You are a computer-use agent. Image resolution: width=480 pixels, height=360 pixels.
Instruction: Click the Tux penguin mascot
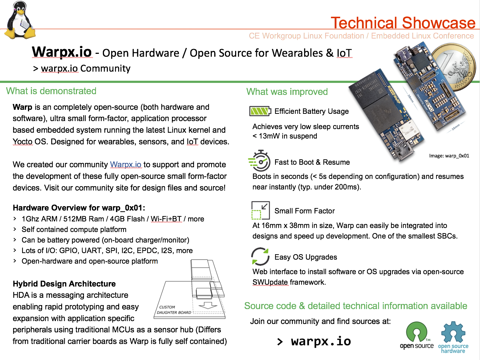19,20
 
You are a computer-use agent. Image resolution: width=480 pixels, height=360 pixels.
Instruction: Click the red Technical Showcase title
403,23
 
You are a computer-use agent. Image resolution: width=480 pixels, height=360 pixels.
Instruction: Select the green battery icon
260,111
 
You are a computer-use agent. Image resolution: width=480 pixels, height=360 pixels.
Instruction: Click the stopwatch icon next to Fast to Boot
259,161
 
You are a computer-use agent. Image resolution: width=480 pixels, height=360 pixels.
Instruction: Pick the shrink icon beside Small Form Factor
261,210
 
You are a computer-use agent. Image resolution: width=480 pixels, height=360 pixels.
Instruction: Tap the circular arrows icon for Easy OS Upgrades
260,256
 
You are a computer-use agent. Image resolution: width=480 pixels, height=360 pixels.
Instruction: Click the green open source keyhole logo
416,335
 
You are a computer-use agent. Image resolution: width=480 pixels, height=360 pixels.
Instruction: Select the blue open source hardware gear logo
453,337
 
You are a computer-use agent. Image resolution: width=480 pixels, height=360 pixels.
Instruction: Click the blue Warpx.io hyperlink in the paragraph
125,164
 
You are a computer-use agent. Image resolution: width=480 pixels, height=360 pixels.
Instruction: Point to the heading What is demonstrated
51,91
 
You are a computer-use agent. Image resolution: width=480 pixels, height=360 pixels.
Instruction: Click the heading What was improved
287,92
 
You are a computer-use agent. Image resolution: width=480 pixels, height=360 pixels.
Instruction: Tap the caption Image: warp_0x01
449,156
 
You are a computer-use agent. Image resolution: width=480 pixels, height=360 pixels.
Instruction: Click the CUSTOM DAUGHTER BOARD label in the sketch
174,310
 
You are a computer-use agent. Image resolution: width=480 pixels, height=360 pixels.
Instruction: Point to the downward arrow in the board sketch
208,305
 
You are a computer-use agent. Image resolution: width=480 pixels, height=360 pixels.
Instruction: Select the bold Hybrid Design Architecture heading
64,284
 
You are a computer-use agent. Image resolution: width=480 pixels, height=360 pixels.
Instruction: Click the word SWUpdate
270,282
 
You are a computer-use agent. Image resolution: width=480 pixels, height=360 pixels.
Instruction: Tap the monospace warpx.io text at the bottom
321,341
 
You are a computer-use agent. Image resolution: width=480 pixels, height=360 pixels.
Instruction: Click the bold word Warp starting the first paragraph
22,107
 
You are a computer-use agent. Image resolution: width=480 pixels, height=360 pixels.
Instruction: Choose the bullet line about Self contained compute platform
74,229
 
